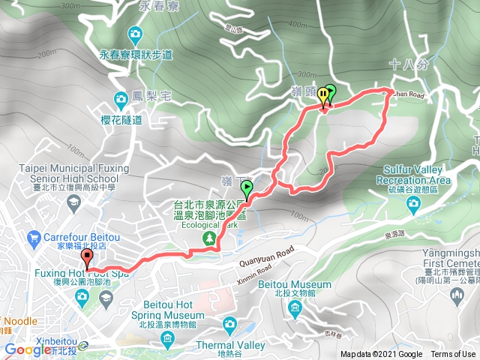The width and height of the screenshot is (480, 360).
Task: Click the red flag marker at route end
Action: (87, 258)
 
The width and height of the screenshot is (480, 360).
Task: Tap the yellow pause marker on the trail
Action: (323, 95)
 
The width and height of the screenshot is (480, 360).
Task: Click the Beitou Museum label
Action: (295, 285)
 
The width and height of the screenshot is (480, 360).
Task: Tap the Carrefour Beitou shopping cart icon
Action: (33, 239)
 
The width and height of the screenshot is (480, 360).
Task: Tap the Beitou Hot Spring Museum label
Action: (161, 321)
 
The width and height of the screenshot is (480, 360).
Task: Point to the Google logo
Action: (28, 349)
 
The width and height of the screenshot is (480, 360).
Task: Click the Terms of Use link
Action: (453, 355)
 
